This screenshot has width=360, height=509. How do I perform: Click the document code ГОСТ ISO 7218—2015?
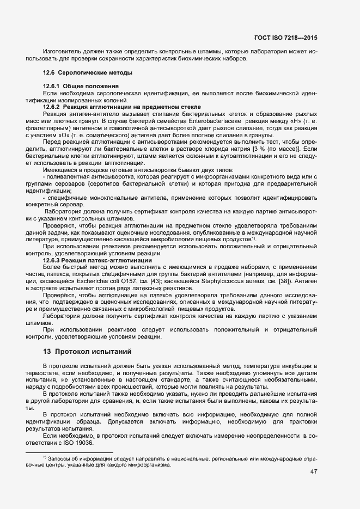285,38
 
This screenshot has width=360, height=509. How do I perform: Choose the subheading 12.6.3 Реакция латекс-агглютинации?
97,260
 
